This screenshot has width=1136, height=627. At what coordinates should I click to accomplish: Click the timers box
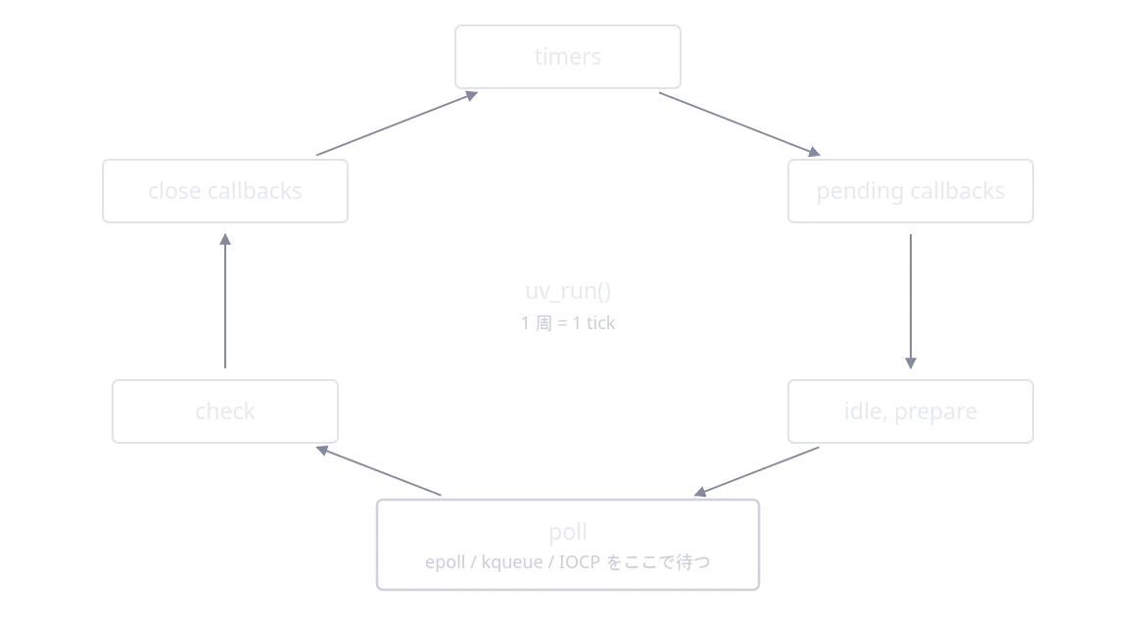[568, 57]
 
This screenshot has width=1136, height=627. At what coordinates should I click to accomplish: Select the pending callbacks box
[911, 191]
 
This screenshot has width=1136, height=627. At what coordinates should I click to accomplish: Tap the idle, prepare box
[911, 411]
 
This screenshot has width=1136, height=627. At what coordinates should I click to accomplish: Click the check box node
[225, 411]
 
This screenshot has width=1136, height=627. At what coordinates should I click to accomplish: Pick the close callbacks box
[225, 191]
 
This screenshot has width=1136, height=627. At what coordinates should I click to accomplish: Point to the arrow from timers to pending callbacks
[739, 124]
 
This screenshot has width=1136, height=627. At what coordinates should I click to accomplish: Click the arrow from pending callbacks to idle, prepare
[911, 302]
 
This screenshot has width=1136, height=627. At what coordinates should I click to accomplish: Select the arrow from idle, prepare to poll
[756, 471]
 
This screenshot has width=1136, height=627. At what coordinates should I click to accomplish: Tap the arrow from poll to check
[378, 471]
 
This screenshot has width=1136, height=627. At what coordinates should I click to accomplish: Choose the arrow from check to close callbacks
[225, 301]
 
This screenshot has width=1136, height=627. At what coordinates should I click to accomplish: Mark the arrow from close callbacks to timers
[397, 123]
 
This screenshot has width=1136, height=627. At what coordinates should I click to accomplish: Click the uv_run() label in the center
[568, 291]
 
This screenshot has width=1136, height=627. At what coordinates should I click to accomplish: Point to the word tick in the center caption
[600, 323]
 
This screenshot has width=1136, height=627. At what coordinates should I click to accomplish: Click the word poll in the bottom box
[568, 533]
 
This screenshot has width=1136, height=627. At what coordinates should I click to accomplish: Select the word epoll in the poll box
[444, 562]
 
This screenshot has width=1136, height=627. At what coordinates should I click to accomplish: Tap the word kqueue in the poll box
[512, 562]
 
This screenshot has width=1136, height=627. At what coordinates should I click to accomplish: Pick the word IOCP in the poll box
[580, 562]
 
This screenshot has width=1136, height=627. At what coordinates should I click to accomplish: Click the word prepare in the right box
[935, 412]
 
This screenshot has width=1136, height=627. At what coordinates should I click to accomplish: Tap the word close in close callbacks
[174, 191]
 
